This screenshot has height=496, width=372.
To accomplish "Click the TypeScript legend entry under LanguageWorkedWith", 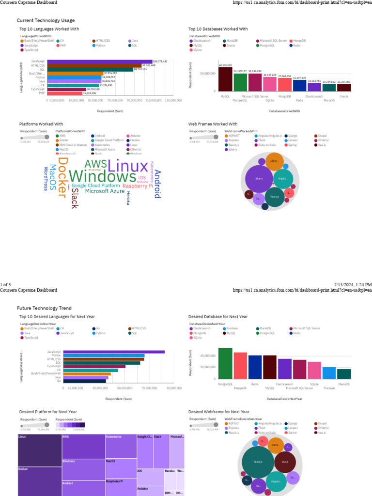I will pyautogui.click(x=31, y=50).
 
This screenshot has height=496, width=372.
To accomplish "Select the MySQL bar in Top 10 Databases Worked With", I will pyautogui.click(x=225, y=79).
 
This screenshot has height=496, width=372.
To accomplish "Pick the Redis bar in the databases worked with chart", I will pyautogui.click(x=299, y=85).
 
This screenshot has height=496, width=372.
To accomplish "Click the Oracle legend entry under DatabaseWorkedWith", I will pyautogui.click(x=231, y=45).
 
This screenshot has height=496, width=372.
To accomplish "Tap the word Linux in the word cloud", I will pyautogui.click(x=127, y=167).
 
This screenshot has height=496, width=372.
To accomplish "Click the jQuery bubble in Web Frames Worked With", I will pyautogui.click(x=259, y=178).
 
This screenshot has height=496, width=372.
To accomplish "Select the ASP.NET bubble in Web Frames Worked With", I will pyautogui.click(x=274, y=161).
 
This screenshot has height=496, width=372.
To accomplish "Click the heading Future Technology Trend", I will pyautogui.click(x=44, y=308).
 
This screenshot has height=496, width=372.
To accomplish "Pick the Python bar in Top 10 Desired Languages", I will pyautogui.click(x=104, y=356).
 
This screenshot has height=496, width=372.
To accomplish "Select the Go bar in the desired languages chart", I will pyautogui.click(x=84, y=381).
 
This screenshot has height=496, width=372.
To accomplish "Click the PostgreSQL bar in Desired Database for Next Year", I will pyautogui.click(x=225, y=364).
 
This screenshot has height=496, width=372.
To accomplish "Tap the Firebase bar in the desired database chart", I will pyautogui.click(x=329, y=372).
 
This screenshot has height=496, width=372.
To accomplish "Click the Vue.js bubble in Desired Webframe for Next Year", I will pyautogui.click(x=285, y=462).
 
